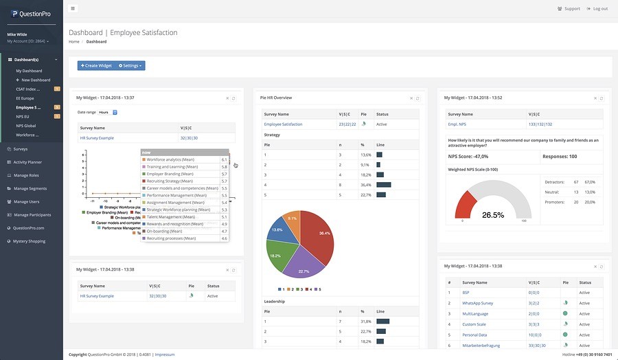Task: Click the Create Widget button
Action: point(95,65)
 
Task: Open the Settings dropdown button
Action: point(130,65)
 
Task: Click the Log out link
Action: point(597,8)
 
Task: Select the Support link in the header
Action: point(569,8)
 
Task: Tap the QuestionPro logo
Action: point(31,14)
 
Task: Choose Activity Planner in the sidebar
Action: point(27,162)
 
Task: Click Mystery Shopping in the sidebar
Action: point(29,241)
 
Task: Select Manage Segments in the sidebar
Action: point(30,188)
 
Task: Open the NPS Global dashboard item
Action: point(26,126)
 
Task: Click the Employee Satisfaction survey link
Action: point(283,124)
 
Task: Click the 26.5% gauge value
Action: point(493,215)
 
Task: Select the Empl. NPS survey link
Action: point(457,124)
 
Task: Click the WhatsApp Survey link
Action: point(477,302)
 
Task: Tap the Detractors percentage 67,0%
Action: point(589,182)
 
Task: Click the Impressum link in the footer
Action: point(164,355)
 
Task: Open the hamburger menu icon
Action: point(73,8)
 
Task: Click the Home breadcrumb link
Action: point(73,41)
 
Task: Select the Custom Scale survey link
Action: point(474,324)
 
